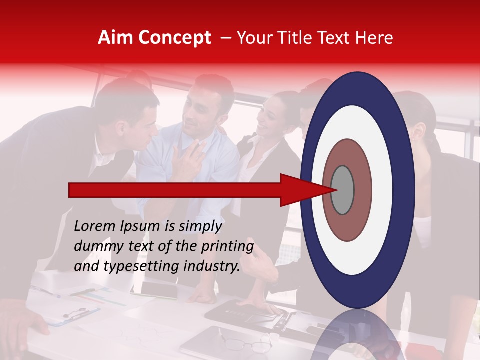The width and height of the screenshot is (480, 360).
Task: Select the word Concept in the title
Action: tap(174, 38)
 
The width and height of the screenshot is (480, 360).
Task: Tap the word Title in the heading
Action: tap(300, 38)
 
